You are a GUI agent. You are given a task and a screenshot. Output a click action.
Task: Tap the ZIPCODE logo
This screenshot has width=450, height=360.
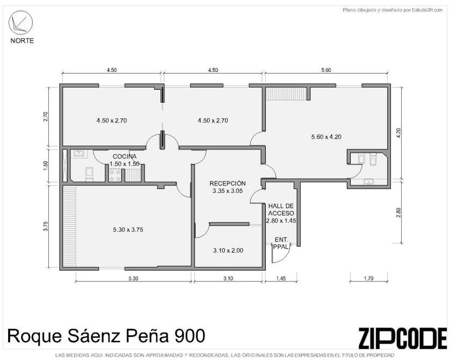point(403,338)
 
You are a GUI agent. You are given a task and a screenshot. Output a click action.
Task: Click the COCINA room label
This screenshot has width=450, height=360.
point(124,156)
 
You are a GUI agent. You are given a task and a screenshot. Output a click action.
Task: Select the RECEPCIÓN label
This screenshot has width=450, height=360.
point(228,183)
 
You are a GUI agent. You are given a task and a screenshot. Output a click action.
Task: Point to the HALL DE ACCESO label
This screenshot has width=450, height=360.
point(281,210)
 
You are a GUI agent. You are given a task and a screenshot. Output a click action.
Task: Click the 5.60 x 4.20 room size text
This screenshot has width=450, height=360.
point(326,137)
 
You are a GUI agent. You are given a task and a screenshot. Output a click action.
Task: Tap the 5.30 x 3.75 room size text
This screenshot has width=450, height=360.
point(128,229)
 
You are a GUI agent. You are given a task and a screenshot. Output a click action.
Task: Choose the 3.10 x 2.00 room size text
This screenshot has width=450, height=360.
point(228,250)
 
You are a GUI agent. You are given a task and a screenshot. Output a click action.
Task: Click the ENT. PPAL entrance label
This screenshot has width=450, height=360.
point(281,243)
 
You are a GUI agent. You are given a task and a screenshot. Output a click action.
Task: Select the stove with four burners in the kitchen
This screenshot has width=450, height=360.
point(115,175)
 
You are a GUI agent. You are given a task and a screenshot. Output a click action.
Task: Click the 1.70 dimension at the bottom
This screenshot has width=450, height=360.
point(368,278)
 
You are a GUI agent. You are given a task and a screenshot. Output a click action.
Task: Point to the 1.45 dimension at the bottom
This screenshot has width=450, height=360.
point(281,278)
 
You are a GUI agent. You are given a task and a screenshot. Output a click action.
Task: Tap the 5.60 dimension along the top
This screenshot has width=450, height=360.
point(326,70)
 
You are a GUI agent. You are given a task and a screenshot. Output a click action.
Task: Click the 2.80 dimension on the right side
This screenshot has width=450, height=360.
point(398,213)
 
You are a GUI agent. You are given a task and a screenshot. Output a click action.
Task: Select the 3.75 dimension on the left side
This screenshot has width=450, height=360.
point(46,226)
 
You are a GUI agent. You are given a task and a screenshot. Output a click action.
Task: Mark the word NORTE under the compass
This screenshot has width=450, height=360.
point(22,41)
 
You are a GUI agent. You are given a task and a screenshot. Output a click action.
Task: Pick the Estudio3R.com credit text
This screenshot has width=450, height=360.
point(423,10)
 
